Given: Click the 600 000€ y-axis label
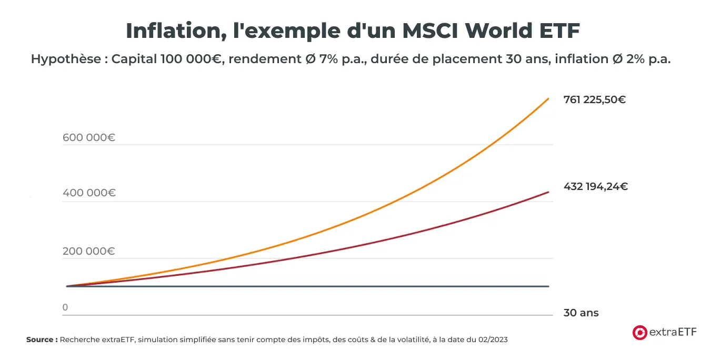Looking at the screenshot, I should (x=88, y=138).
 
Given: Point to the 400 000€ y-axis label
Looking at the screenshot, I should (x=88, y=193).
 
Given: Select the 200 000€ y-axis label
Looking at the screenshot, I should (x=88, y=251).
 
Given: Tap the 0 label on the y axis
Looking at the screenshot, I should (x=65, y=307).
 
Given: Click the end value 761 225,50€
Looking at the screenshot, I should (x=594, y=99).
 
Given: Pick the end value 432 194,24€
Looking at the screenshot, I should (x=595, y=186).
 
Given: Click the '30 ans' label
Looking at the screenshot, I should (x=581, y=313).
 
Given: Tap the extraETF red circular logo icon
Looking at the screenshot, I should (x=639, y=332).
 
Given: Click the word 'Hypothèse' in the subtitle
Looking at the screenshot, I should (x=65, y=59).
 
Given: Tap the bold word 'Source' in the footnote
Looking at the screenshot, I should (x=40, y=340).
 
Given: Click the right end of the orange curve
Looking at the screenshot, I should (x=548, y=98).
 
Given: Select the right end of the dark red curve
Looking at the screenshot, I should (x=548, y=192).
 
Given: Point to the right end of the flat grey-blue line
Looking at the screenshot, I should (x=548, y=286).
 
